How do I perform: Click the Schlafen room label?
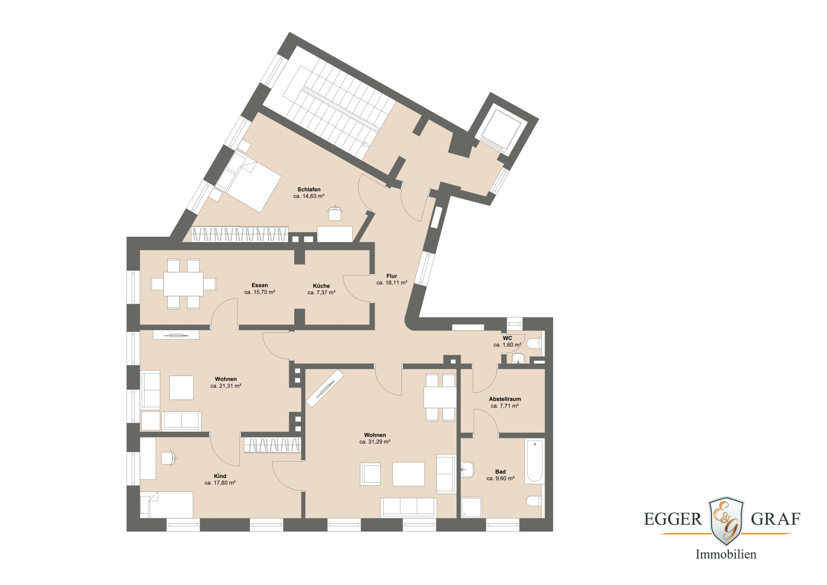coord(309,189)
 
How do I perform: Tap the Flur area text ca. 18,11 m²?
coord(392,283)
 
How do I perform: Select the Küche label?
coord(321,286)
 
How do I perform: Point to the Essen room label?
coord(260,285)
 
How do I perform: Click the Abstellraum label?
coord(505,399)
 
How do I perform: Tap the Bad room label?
coord(500,472)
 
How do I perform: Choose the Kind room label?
coord(220,476)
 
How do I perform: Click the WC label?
coord(507,338)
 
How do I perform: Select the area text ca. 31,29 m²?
coord(375,442)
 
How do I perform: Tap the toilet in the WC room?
coord(534,343)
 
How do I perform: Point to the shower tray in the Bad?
coord(471,507)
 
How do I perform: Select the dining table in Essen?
coord(183,284)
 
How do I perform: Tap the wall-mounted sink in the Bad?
coord(467,470)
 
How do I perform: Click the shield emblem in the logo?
coord(726,521)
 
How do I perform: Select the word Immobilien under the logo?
coord(726,554)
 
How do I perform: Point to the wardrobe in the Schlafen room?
coord(239,234)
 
